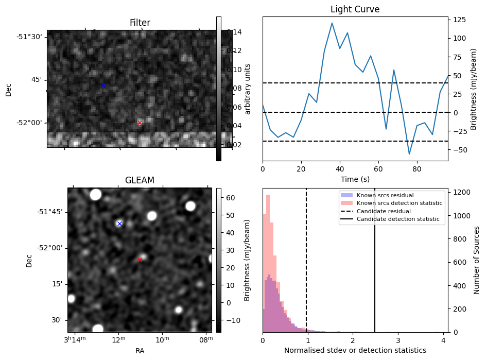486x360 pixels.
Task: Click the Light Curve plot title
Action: (x=355, y=9)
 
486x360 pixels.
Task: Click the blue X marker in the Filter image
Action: (x=103, y=85)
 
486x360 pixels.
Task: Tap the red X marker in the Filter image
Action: (x=140, y=123)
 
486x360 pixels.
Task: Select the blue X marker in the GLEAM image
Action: (x=119, y=224)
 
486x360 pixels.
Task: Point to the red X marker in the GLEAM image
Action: (x=140, y=260)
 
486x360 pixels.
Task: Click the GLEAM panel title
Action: (x=140, y=180)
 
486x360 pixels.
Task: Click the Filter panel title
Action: (x=140, y=23)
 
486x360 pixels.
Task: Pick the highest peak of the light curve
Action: (x=332, y=23)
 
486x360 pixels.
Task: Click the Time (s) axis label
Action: (x=355, y=179)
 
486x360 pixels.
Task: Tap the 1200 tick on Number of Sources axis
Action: (x=460, y=192)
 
